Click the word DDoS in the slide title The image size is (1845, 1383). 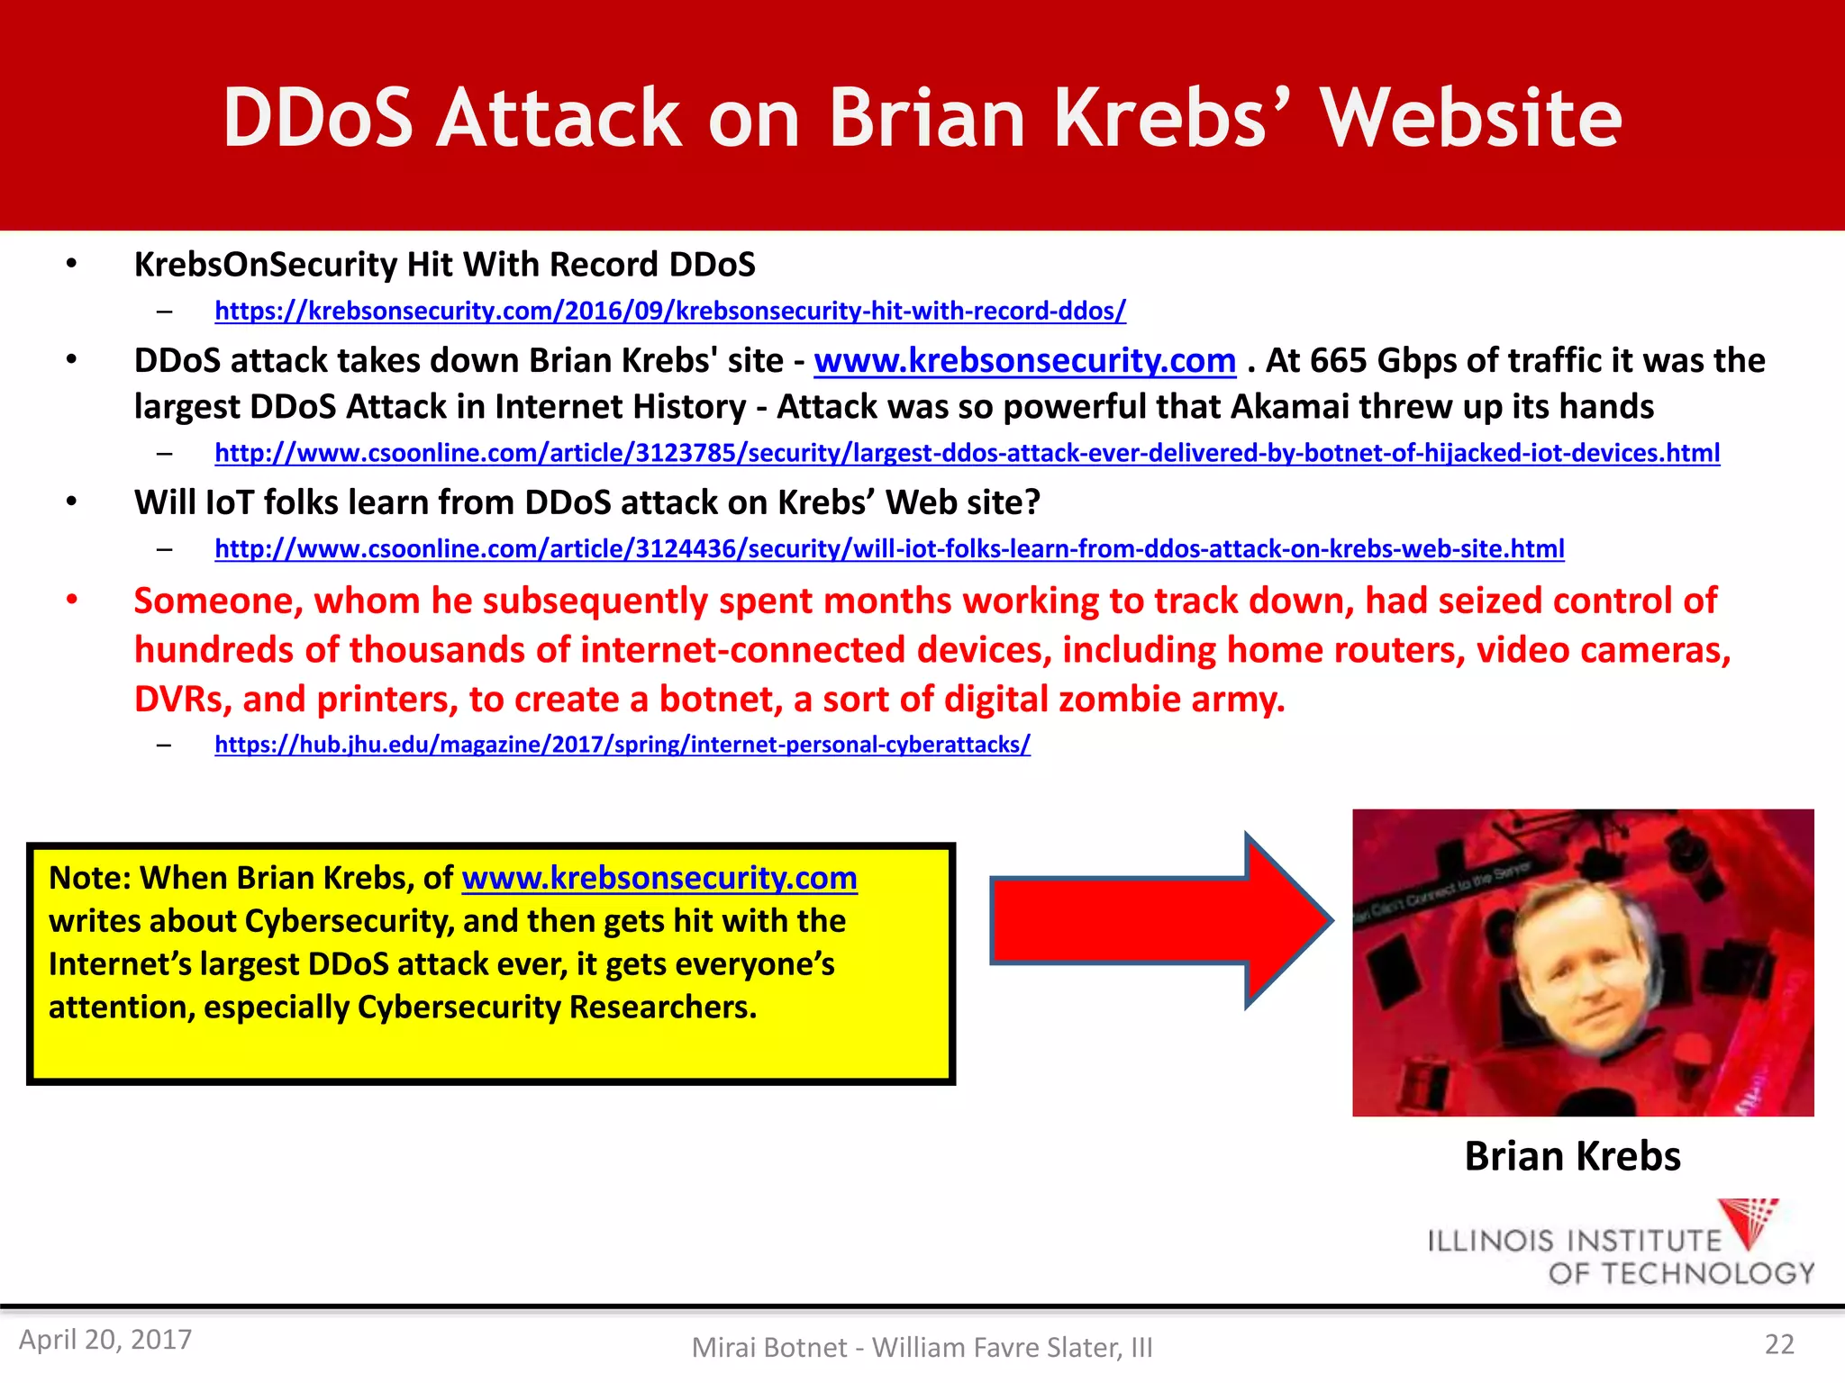pyautogui.click(x=317, y=118)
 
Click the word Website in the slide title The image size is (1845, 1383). pyautogui.click(x=1471, y=118)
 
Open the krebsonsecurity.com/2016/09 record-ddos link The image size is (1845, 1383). pyautogui.click(x=670, y=312)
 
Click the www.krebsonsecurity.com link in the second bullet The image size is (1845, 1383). pyautogui.click(x=1024, y=361)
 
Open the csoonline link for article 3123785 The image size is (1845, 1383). pyautogui.click(x=967, y=453)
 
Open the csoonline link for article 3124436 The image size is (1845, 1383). pyautogui.click(x=889, y=549)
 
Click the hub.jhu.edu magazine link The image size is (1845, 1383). pyautogui.click(x=623, y=745)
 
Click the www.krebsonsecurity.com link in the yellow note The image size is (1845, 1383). pyautogui.click(x=659, y=878)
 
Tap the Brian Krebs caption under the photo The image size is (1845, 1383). pyautogui.click(x=1572, y=1156)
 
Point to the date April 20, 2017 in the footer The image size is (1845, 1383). pyautogui.click(x=105, y=1340)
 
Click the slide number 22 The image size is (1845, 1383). pyautogui.click(x=1779, y=1344)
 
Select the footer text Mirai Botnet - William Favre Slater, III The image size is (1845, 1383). pyautogui.click(x=922, y=1348)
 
